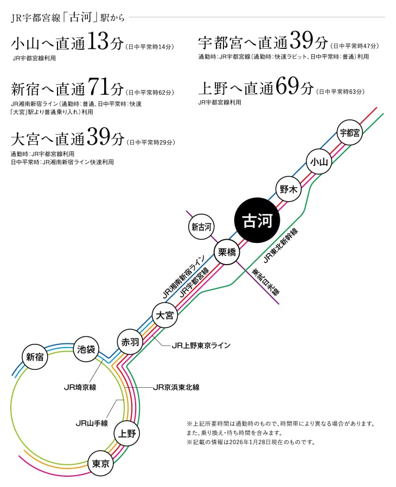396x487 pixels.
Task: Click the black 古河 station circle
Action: tap(257, 221)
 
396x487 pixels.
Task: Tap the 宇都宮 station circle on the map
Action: tap(349, 133)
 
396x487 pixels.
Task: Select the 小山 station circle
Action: tap(318, 161)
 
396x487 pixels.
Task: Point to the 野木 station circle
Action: tap(288, 189)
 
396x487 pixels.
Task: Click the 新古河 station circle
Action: tap(202, 227)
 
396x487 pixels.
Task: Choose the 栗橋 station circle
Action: tap(227, 252)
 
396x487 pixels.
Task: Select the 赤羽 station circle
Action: tap(129, 342)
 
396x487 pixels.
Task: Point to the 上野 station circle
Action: tap(127, 433)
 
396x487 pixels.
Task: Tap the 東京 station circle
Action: tap(101, 463)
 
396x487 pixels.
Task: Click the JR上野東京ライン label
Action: tap(201, 345)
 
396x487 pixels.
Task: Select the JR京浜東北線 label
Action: tap(176, 387)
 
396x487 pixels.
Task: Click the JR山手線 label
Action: tap(92, 422)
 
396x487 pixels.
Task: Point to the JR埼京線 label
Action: tap(80, 387)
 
